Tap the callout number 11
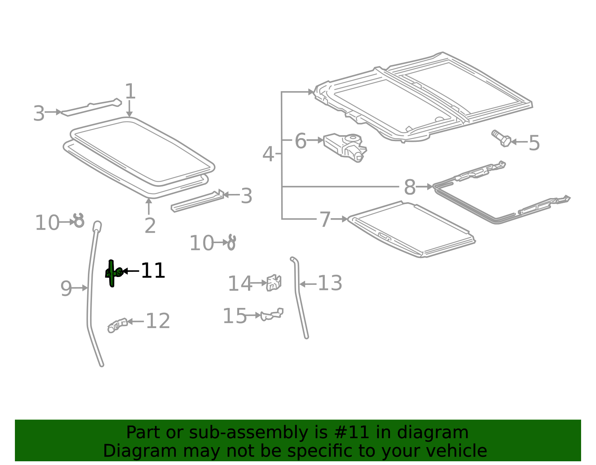pyautogui.click(x=153, y=271)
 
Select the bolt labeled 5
pyautogui.click(x=501, y=138)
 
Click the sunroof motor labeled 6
pyautogui.click(x=345, y=147)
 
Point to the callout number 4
pyautogui.click(x=268, y=154)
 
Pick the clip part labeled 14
pyautogui.click(x=274, y=283)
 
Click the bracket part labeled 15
pyautogui.click(x=272, y=314)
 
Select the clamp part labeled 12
pyautogui.click(x=117, y=325)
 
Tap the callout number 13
pyautogui.click(x=330, y=283)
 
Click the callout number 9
pyautogui.click(x=66, y=288)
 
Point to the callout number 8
pyautogui.click(x=410, y=187)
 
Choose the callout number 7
pyautogui.click(x=325, y=220)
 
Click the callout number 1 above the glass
pyautogui.click(x=130, y=91)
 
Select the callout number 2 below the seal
pyautogui.click(x=150, y=226)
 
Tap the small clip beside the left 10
pyautogui.click(x=79, y=221)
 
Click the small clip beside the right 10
pyautogui.click(x=231, y=242)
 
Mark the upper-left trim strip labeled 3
pyautogui.click(x=91, y=107)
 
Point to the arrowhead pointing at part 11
pyautogui.click(x=125, y=271)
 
